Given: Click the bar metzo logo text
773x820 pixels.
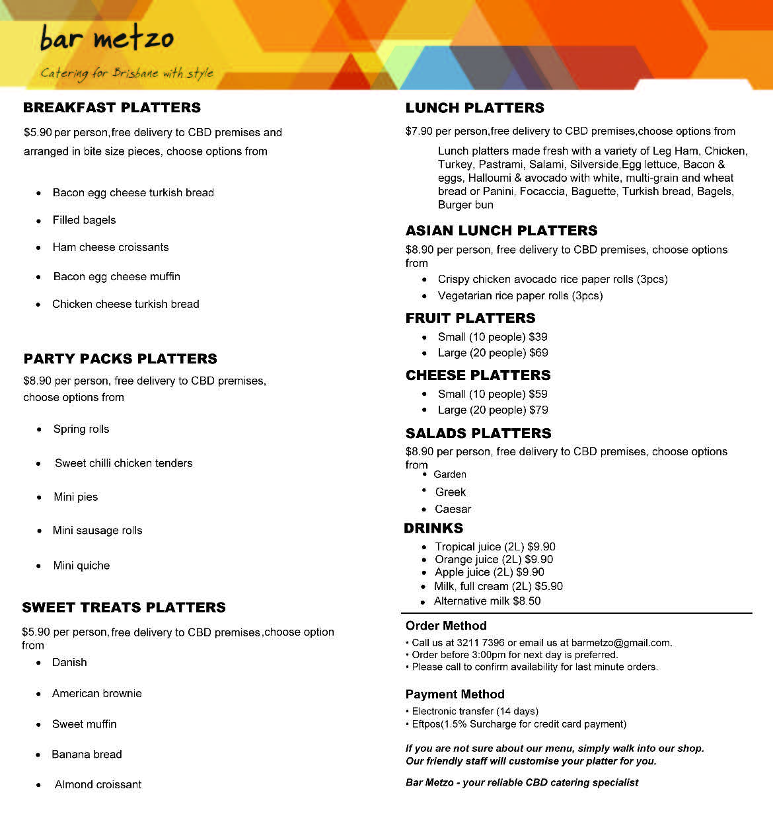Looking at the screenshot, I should tap(107, 38).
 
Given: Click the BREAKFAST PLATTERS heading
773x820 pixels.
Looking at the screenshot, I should tap(112, 108).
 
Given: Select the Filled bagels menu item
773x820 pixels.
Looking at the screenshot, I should tap(84, 220).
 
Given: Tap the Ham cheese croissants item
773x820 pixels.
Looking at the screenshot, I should tap(110, 247).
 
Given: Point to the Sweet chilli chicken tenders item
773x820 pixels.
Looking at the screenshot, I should tap(124, 463).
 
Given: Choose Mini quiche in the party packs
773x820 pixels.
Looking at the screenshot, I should tap(81, 566).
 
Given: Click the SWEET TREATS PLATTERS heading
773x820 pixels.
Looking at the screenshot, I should tap(124, 607).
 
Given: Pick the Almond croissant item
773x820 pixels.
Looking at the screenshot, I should tap(98, 784).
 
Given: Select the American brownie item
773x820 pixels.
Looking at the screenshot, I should tap(96, 693).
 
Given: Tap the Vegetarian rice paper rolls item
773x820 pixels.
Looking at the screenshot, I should tap(520, 295).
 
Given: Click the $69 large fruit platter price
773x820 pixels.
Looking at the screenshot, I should tap(538, 353).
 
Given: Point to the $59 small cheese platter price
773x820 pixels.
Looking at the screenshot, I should tap(538, 394).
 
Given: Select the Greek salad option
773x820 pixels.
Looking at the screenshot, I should tap(451, 492).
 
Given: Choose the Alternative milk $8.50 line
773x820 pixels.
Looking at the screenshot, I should tap(487, 601).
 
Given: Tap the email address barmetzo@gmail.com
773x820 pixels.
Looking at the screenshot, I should tap(620, 642).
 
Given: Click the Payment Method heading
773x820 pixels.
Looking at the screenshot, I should tap(455, 694).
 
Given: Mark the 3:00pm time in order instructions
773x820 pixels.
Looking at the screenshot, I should tap(488, 655).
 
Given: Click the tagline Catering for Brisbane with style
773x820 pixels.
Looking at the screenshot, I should tap(127, 73).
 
